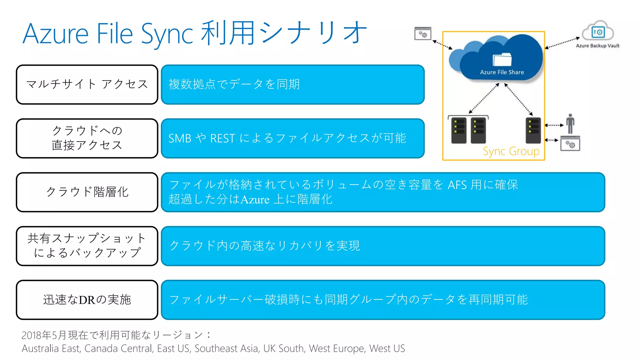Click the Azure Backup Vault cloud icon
click(x=598, y=31)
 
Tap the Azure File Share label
click(x=502, y=72)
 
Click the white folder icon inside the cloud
click(x=502, y=59)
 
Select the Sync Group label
click(x=511, y=152)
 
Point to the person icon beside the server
click(x=570, y=123)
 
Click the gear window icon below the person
click(x=570, y=144)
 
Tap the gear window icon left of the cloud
click(x=422, y=34)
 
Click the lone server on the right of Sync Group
click(x=533, y=130)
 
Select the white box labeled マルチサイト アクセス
click(x=87, y=84)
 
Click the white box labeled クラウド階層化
click(x=87, y=192)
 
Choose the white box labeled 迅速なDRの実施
click(x=87, y=300)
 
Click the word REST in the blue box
click(x=222, y=138)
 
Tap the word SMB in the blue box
click(x=180, y=138)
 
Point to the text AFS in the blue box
click(x=457, y=185)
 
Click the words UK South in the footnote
click(x=283, y=348)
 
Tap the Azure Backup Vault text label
click(x=597, y=46)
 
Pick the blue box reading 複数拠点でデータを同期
click(x=292, y=84)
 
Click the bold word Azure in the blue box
click(x=255, y=199)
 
